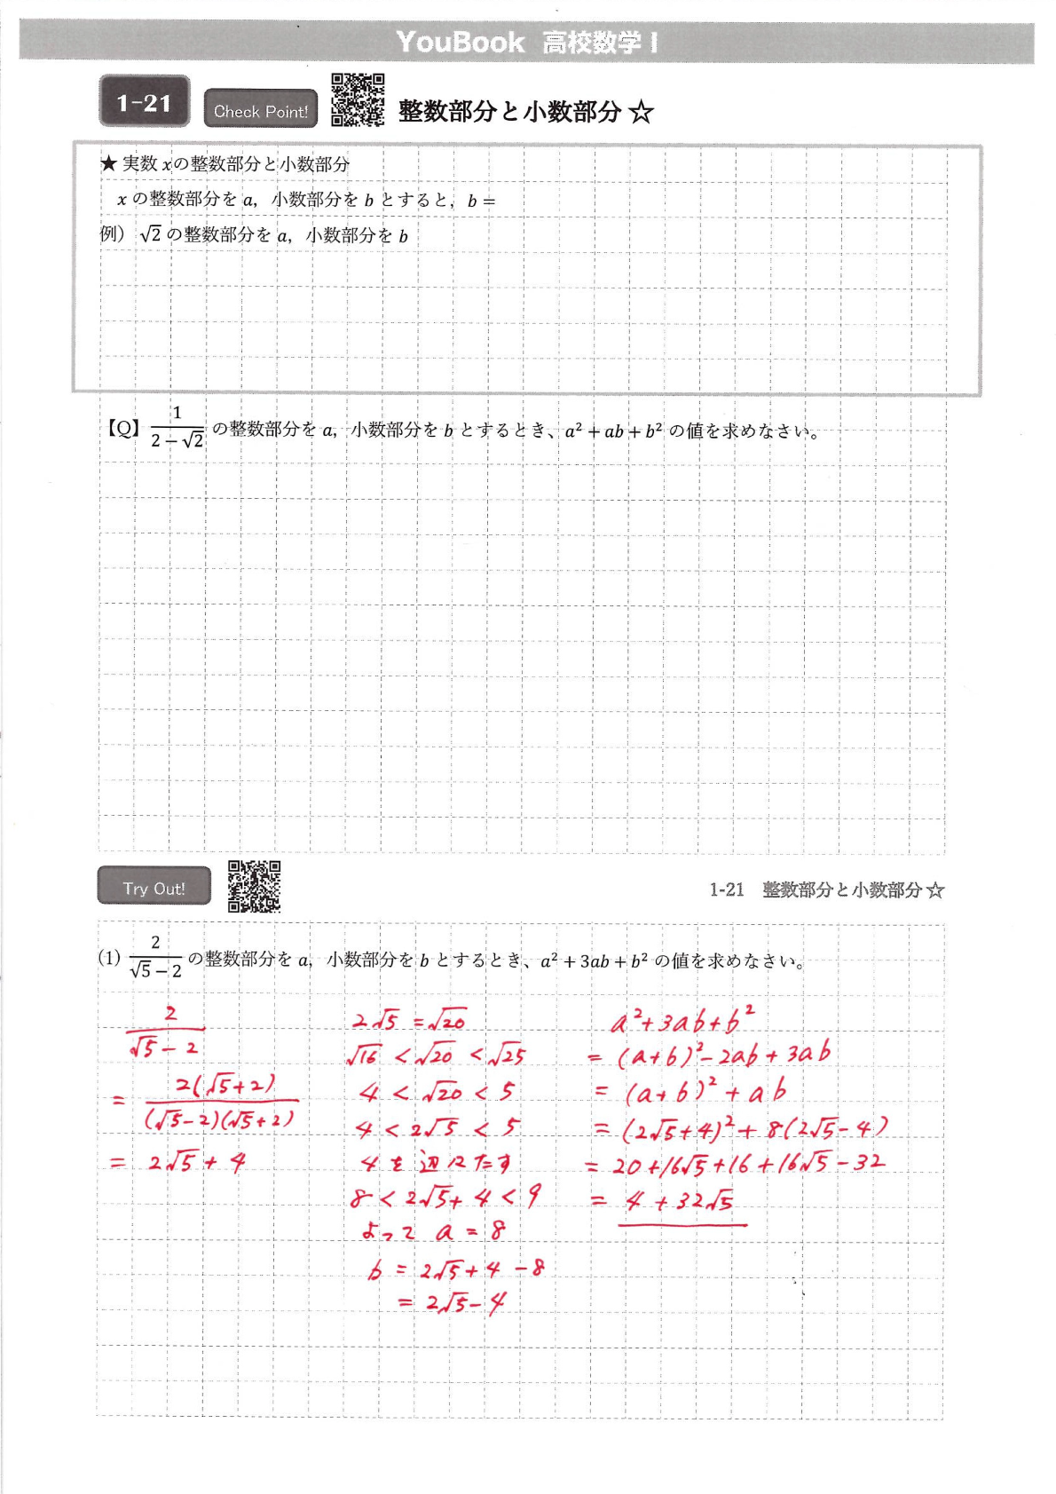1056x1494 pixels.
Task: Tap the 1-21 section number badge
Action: pyautogui.click(x=144, y=103)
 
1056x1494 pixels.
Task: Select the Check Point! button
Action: pyautogui.click(x=260, y=111)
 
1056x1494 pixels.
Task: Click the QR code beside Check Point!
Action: pyautogui.click(x=358, y=99)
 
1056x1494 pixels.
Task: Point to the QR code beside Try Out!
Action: pyautogui.click(x=254, y=886)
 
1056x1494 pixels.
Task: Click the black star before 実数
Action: pyautogui.click(x=108, y=163)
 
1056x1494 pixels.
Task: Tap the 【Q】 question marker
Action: pyautogui.click(x=123, y=429)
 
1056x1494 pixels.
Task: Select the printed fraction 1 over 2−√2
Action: pyautogui.click(x=177, y=427)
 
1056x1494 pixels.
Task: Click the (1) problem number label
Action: pyautogui.click(x=109, y=958)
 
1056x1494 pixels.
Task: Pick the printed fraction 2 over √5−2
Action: pyautogui.click(x=155, y=957)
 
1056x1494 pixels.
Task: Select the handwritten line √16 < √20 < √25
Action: pyautogui.click(x=436, y=1055)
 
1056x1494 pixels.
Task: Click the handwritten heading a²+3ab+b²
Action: pyautogui.click(x=683, y=1021)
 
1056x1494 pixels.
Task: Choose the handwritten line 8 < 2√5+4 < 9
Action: pyautogui.click(x=445, y=1198)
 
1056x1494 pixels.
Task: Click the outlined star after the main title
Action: pyautogui.click(x=641, y=112)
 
